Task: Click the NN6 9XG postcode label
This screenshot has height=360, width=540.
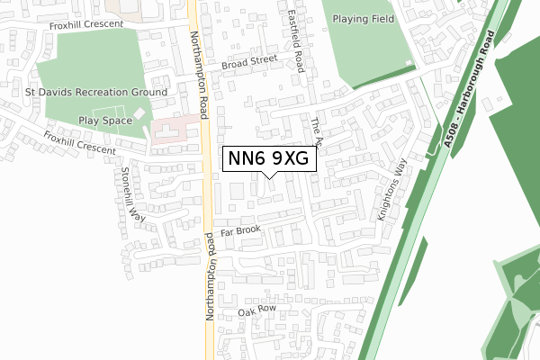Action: tap(269, 158)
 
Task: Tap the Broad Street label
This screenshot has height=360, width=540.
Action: tap(248, 62)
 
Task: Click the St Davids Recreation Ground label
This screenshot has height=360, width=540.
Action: tap(98, 93)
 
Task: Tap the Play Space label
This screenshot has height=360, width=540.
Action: tap(103, 120)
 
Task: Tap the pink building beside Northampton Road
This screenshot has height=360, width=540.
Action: tap(170, 131)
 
